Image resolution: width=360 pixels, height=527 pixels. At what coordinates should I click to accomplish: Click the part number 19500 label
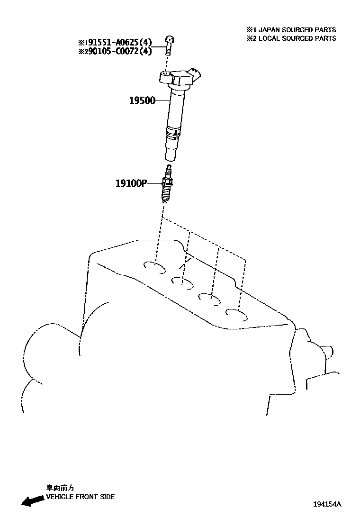(142, 100)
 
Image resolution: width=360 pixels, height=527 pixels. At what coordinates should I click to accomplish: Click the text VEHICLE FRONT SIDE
(80, 497)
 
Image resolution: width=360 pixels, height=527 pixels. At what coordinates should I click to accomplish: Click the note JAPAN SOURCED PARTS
(294, 29)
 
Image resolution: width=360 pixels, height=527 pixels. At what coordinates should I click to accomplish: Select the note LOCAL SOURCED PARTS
(294, 38)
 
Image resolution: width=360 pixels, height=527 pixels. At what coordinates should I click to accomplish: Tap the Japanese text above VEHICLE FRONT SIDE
(60, 488)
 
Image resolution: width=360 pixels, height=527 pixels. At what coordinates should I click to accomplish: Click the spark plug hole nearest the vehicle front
(155, 268)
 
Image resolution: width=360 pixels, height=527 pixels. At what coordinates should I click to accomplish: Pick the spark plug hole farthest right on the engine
(237, 314)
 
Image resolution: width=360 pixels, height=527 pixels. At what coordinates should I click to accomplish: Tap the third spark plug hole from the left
(209, 298)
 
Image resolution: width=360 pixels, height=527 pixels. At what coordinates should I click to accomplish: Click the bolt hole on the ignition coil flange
(164, 73)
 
